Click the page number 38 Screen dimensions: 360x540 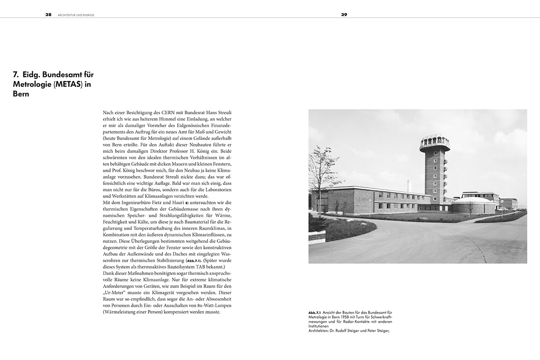pos(48,14)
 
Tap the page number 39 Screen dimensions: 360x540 pos(344,14)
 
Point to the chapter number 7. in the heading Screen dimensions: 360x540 pos(16,74)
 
